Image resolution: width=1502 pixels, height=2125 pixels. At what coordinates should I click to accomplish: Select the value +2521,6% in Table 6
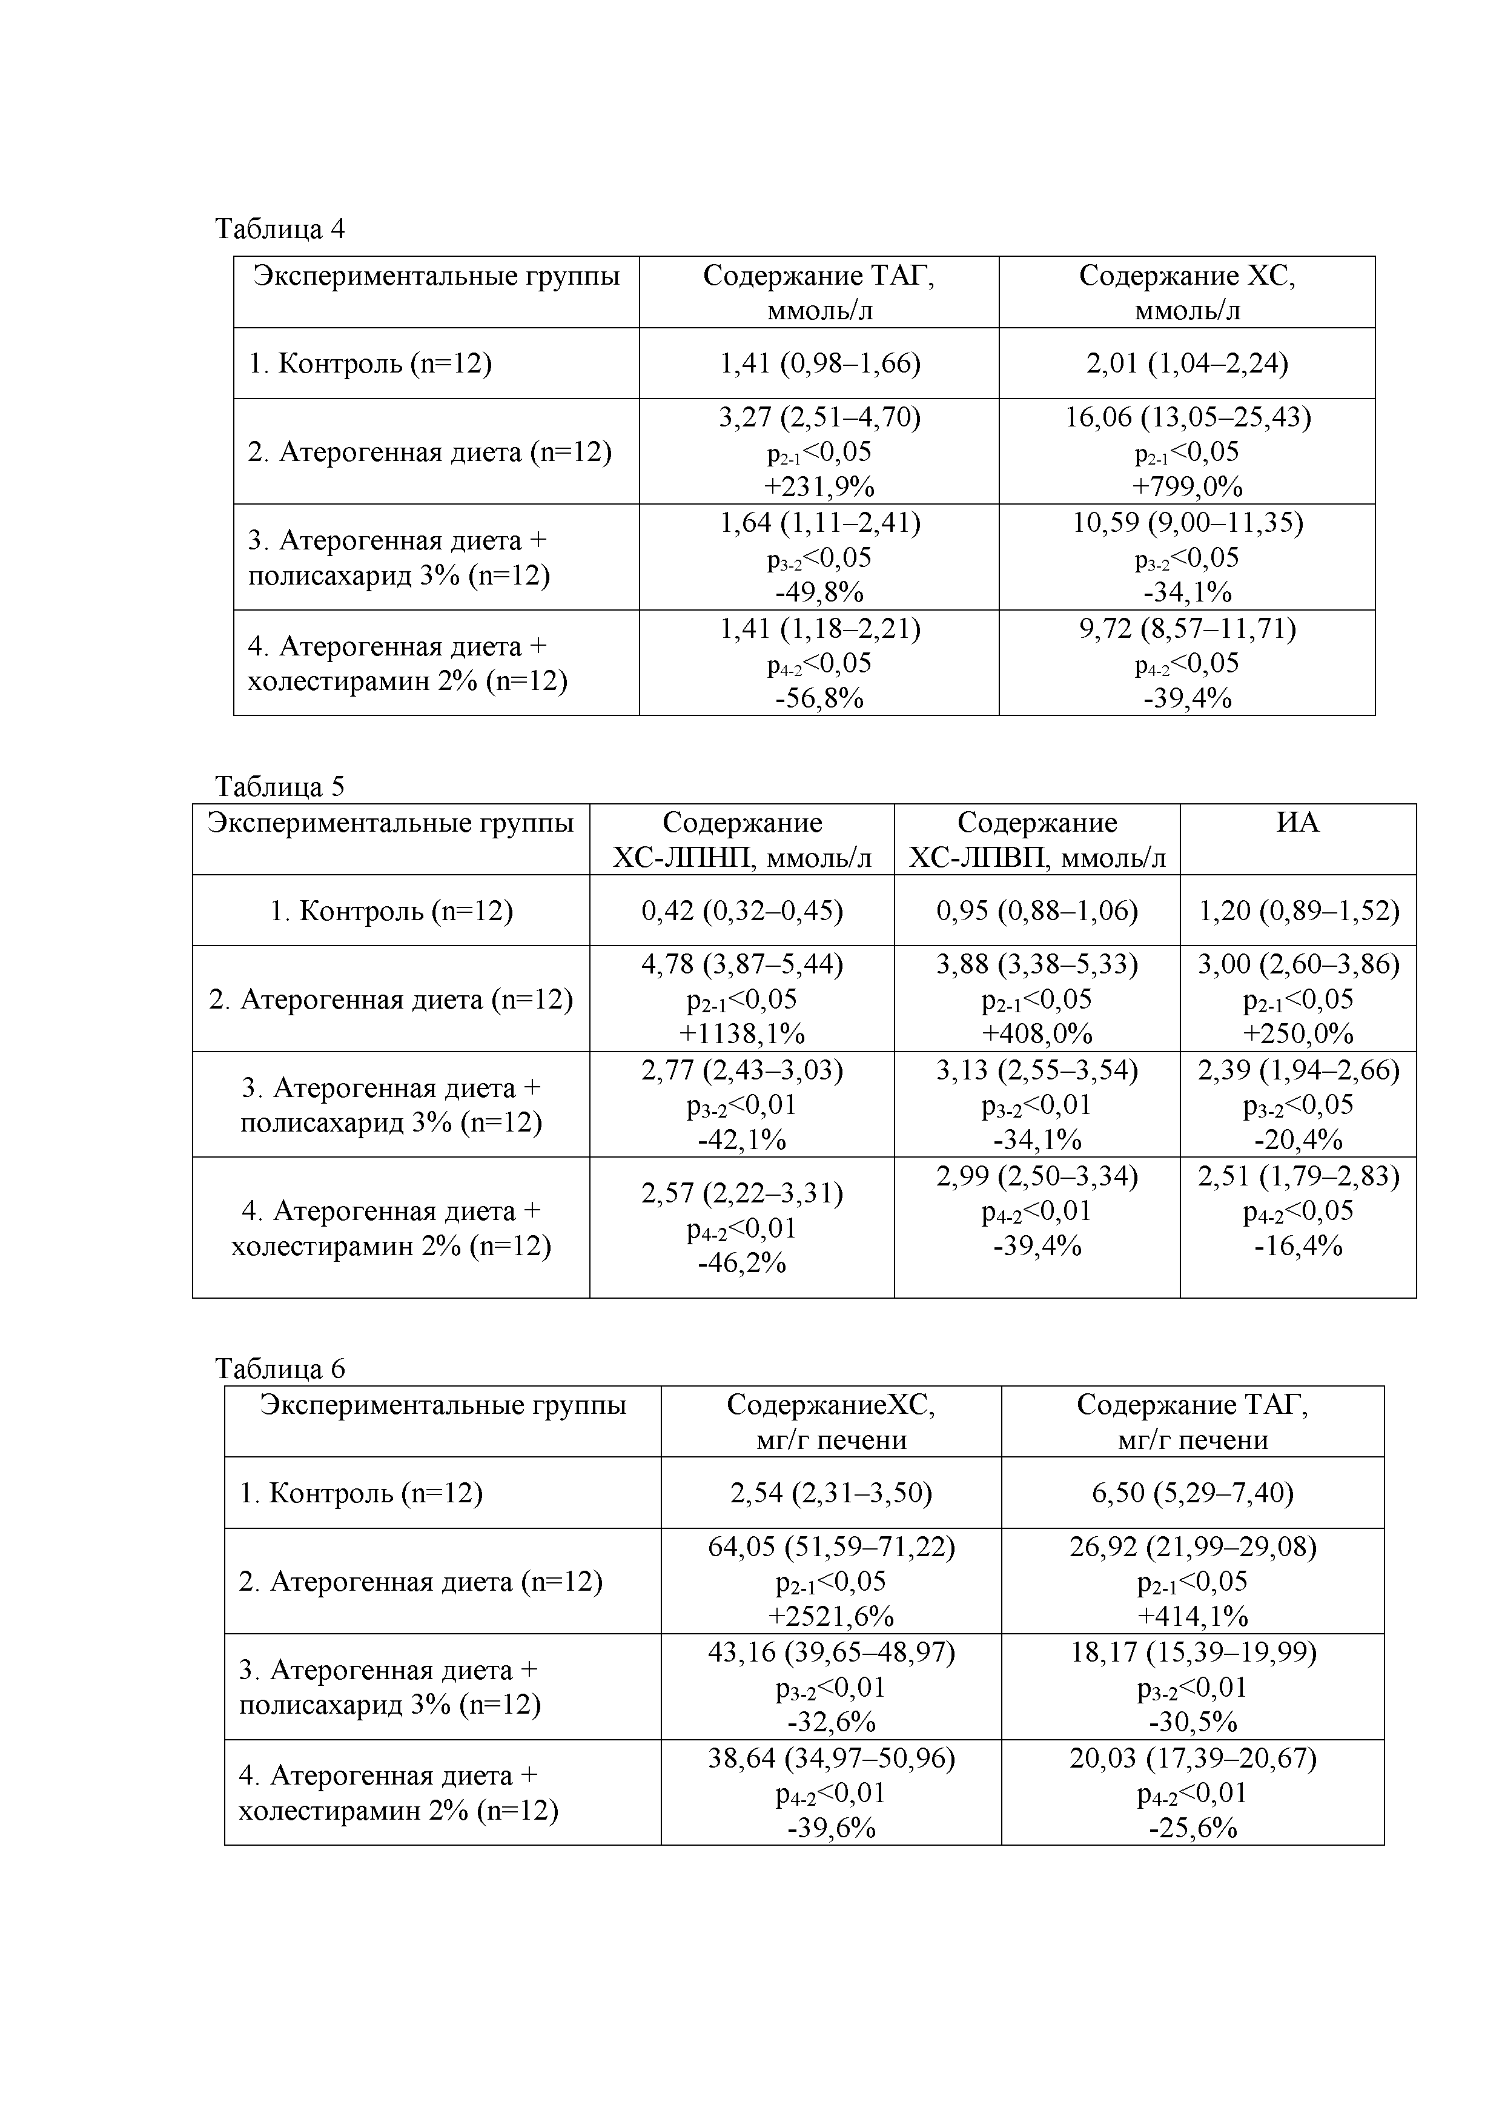[831, 1616]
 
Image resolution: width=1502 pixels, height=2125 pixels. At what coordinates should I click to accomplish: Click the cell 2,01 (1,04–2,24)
[1187, 363]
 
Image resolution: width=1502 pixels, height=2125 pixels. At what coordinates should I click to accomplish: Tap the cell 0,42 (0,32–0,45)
[742, 910]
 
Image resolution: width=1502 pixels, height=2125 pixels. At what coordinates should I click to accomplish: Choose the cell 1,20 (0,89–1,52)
[1299, 910]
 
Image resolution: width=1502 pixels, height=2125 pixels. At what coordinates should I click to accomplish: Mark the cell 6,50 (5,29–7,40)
[1193, 1492]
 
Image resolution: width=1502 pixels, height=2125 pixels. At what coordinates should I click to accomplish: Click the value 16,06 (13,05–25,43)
[1187, 417]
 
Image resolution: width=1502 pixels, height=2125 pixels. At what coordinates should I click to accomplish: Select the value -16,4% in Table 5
[1299, 1246]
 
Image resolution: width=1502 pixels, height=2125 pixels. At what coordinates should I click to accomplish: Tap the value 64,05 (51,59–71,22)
[831, 1547]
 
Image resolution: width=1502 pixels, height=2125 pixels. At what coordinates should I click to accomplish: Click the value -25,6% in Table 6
[1193, 1828]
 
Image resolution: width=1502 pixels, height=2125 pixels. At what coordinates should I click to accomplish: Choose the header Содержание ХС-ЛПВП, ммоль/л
[1037, 840]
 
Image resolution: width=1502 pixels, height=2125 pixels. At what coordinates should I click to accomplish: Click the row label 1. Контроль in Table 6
[362, 1492]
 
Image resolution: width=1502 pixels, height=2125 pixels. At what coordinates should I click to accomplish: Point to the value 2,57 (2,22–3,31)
[742, 1194]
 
